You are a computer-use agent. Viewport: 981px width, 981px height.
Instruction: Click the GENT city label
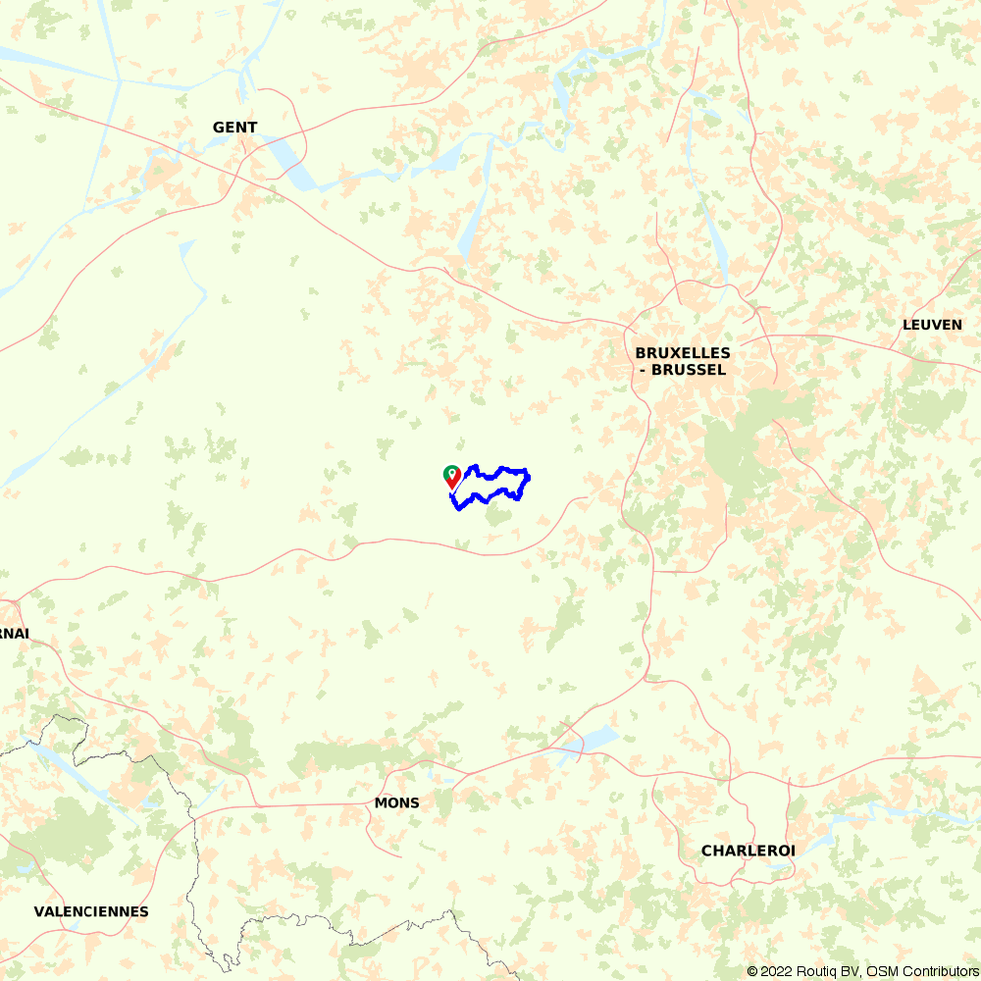coord(234,128)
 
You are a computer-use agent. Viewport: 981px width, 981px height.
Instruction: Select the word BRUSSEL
coord(693,370)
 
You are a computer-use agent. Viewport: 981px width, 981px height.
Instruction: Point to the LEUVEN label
coord(932,325)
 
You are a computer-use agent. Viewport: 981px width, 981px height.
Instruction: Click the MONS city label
coord(396,803)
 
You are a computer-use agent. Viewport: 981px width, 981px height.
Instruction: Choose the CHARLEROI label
coord(748,851)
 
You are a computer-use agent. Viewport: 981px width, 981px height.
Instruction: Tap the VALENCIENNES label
coord(91,911)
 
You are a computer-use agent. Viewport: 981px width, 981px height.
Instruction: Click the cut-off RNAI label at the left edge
coord(14,634)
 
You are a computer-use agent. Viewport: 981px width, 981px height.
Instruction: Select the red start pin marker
coord(451,477)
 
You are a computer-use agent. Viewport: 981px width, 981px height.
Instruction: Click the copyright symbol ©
coord(752,971)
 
